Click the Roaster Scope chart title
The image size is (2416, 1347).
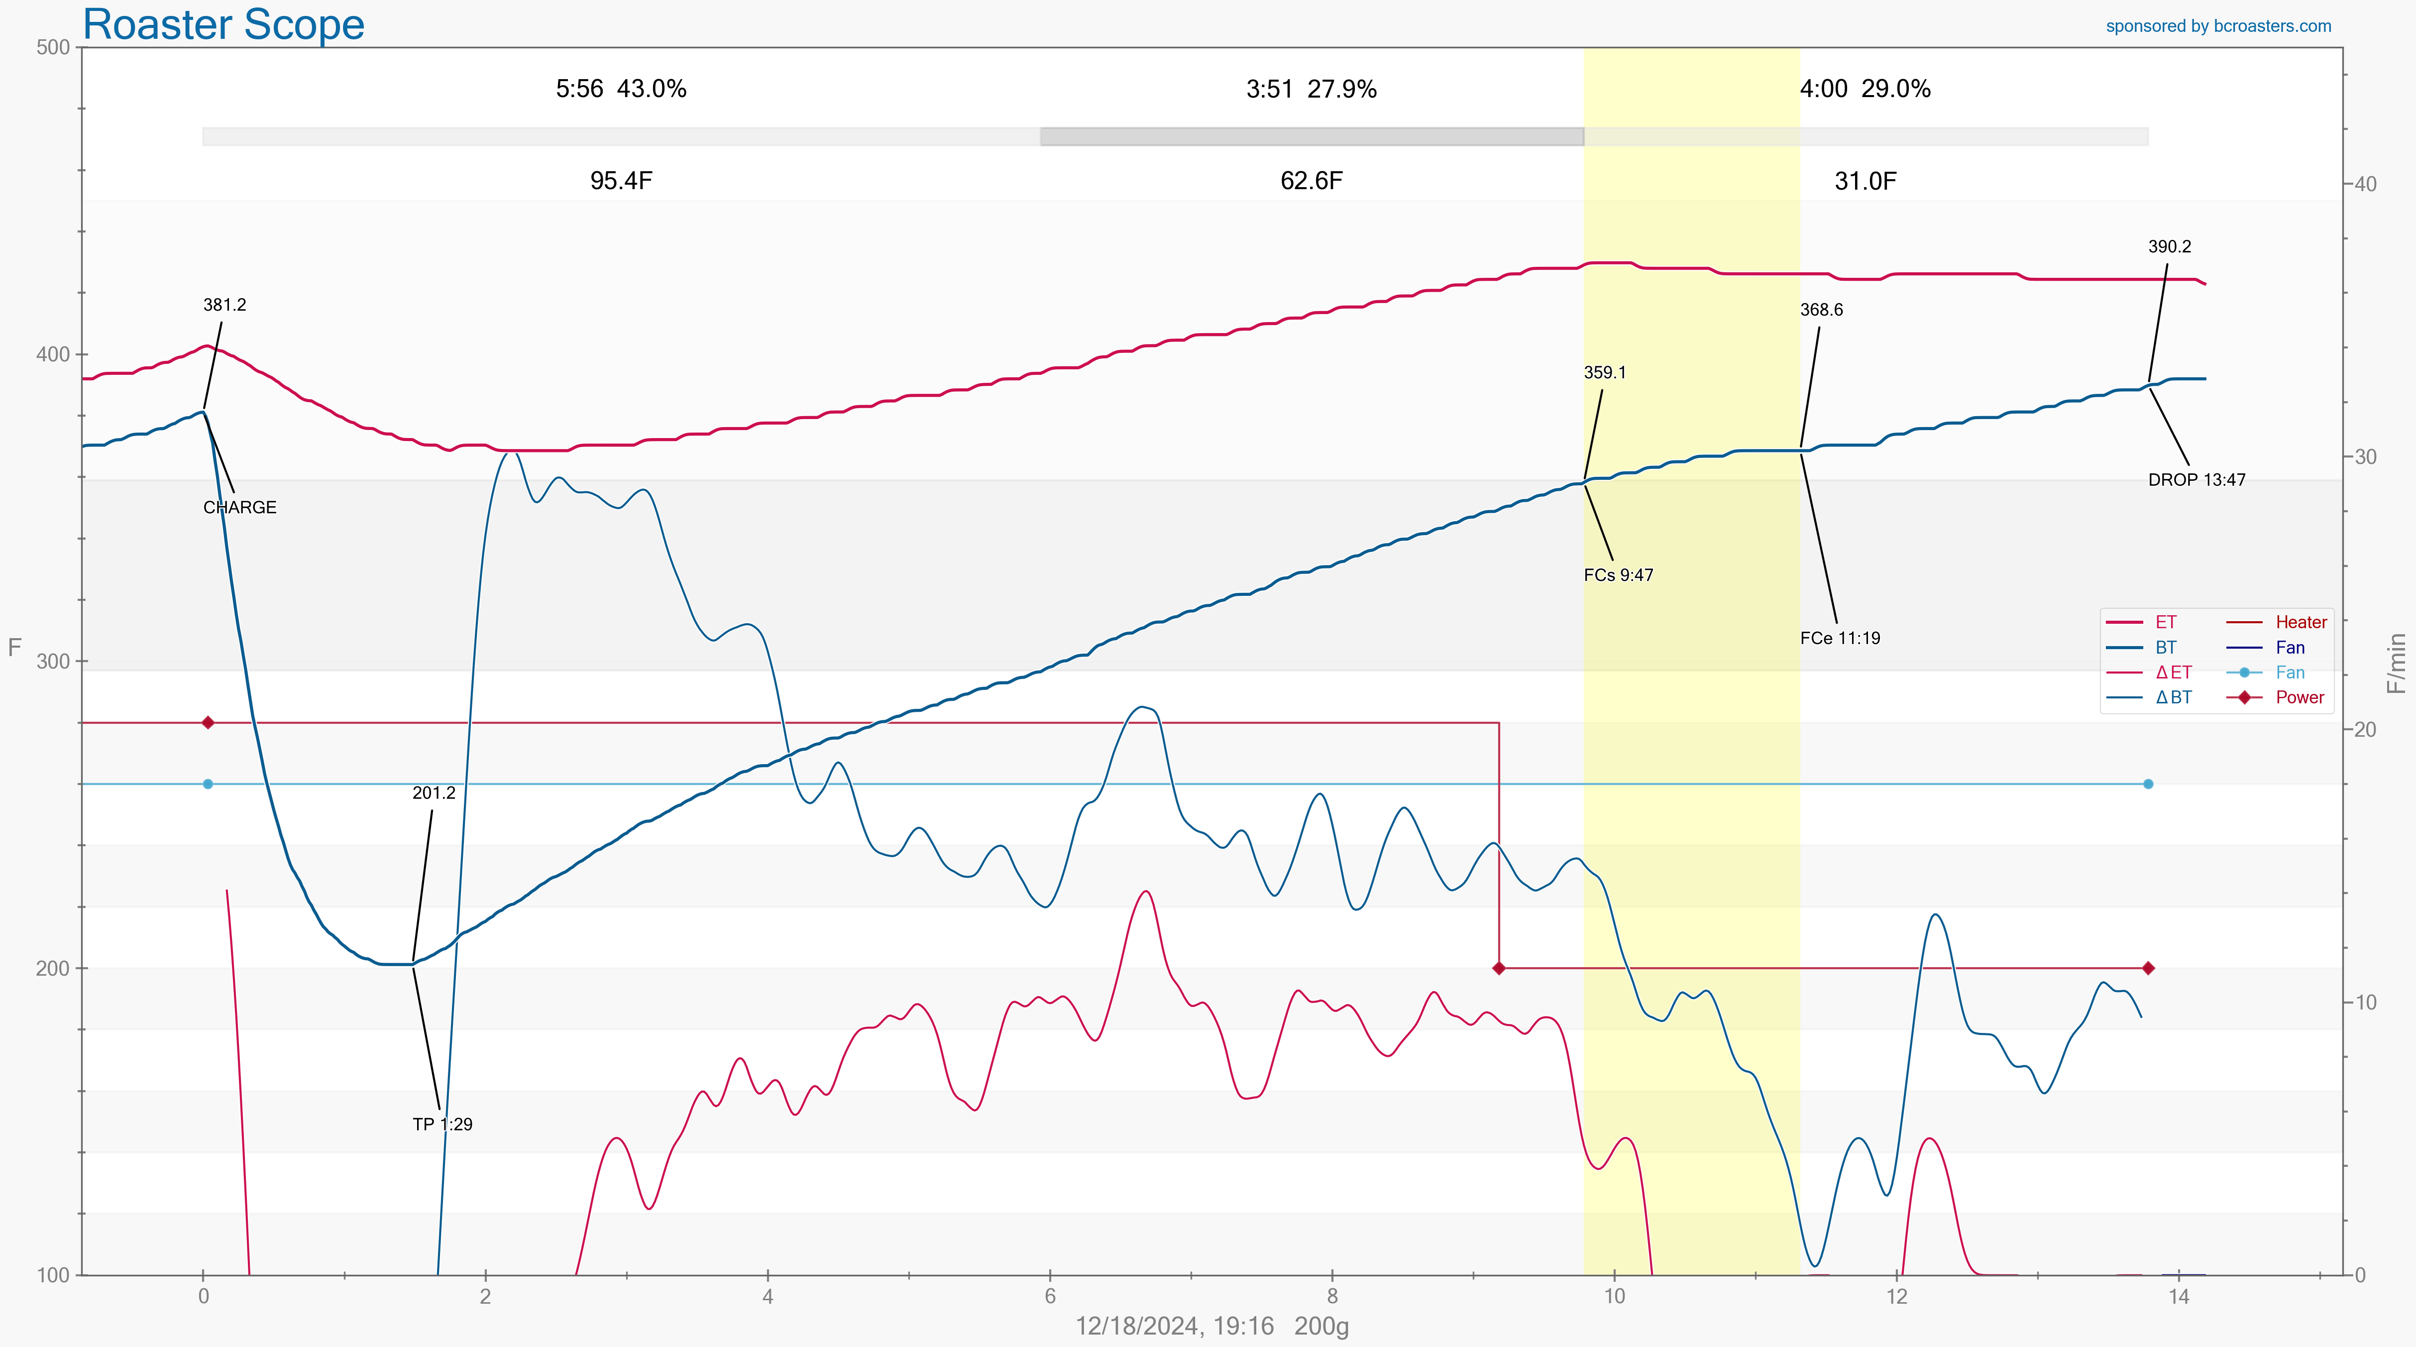tap(223, 24)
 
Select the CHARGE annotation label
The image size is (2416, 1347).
tap(239, 507)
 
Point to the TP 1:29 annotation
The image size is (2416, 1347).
tap(442, 1124)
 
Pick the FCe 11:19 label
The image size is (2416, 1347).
tap(1839, 638)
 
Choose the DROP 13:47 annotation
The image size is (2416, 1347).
tap(2196, 479)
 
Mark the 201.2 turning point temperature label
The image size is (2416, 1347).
tap(434, 792)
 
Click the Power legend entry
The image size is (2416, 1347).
tap(2300, 697)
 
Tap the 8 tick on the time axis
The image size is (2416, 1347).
tap(1332, 1296)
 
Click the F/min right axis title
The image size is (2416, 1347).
tap(2396, 662)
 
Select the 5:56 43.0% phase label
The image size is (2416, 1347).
tap(621, 89)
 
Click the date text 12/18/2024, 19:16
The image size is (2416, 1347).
tap(1174, 1326)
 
